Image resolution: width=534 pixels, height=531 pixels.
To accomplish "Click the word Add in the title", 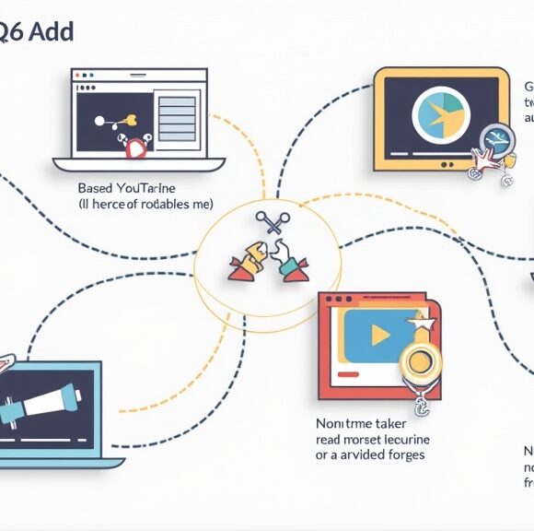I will click(x=52, y=32).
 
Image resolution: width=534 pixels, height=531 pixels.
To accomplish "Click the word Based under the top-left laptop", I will click(x=96, y=187).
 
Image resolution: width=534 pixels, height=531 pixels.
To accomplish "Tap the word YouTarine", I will click(x=147, y=187).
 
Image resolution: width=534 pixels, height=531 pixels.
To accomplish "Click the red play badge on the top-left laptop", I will click(x=135, y=147).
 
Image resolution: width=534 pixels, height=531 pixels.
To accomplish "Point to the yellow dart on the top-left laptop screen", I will click(x=129, y=118).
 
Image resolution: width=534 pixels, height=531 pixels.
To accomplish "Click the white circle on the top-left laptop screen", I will click(x=98, y=120).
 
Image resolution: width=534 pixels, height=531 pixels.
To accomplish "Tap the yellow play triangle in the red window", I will click(x=379, y=336).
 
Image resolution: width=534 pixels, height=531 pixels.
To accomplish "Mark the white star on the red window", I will click(x=424, y=324).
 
